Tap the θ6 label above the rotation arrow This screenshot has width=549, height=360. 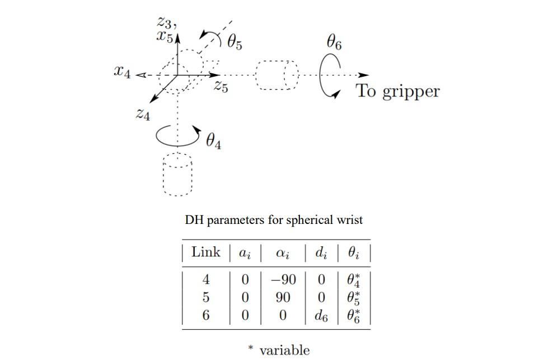[334, 43]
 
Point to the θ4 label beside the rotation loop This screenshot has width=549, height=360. [213, 142]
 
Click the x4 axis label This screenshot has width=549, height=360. [123, 72]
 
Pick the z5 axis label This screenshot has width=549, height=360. [221, 87]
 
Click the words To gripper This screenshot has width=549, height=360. [398, 91]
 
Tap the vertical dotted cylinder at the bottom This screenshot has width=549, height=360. [177, 175]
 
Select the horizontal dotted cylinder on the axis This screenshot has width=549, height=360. [277, 75]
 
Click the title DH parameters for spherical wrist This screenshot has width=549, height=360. [274, 220]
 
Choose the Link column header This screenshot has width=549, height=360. [206, 253]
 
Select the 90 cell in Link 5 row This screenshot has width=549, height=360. [283, 297]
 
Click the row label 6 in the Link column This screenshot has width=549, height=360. [206, 316]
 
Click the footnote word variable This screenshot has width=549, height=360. [284, 350]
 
